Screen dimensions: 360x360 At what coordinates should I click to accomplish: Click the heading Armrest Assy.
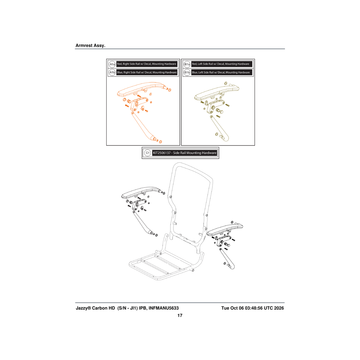point(90,45)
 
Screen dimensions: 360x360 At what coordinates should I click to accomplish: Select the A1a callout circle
point(112,64)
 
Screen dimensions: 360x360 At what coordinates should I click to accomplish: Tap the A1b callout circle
point(112,73)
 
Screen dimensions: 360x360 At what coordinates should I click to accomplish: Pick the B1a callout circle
point(187,64)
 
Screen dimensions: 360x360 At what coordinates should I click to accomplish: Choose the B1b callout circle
point(187,73)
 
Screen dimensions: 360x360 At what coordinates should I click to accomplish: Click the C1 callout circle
point(148,153)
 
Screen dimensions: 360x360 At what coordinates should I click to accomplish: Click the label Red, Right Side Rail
point(128,64)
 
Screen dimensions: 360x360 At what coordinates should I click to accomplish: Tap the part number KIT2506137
point(162,153)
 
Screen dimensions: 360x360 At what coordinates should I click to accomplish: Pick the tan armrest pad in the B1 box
point(217,93)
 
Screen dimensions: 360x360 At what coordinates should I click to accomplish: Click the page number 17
point(180,315)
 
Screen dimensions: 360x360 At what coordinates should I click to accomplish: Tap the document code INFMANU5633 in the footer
point(164,308)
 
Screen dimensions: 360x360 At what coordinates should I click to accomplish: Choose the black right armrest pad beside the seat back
point(225,229)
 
